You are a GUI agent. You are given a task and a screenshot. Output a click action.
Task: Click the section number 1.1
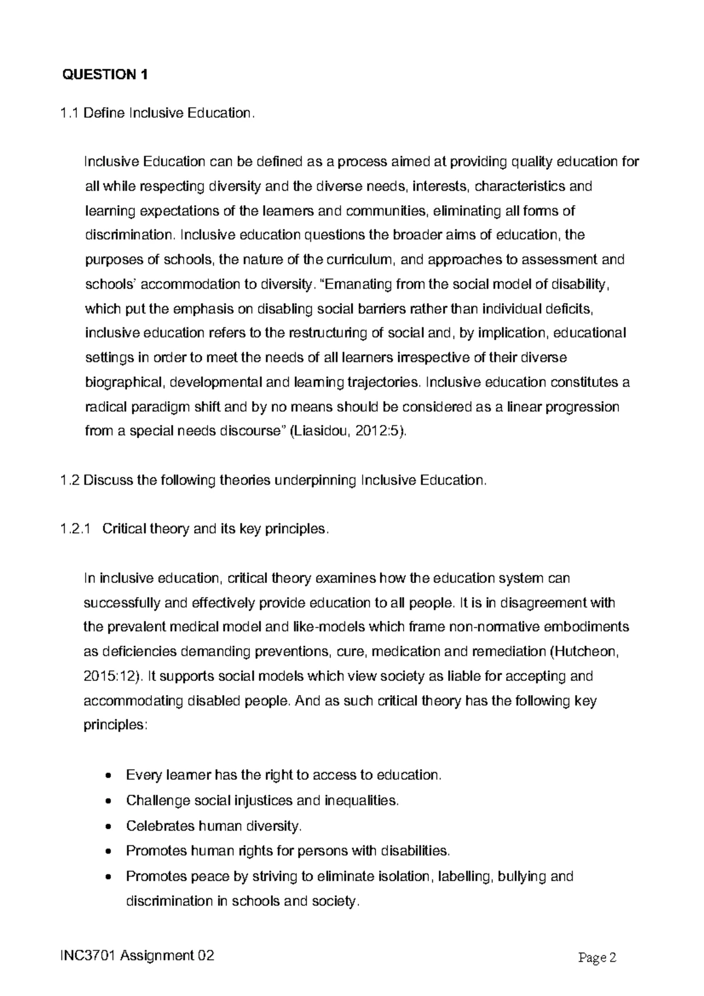click(x=70, y=113)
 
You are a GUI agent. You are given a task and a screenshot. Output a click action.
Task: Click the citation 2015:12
click(x=109, y=676)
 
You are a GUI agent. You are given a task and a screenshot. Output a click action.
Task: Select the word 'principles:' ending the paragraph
click(x=114, y=725)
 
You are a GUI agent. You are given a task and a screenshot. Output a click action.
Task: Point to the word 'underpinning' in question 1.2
click(x=316, y=480)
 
